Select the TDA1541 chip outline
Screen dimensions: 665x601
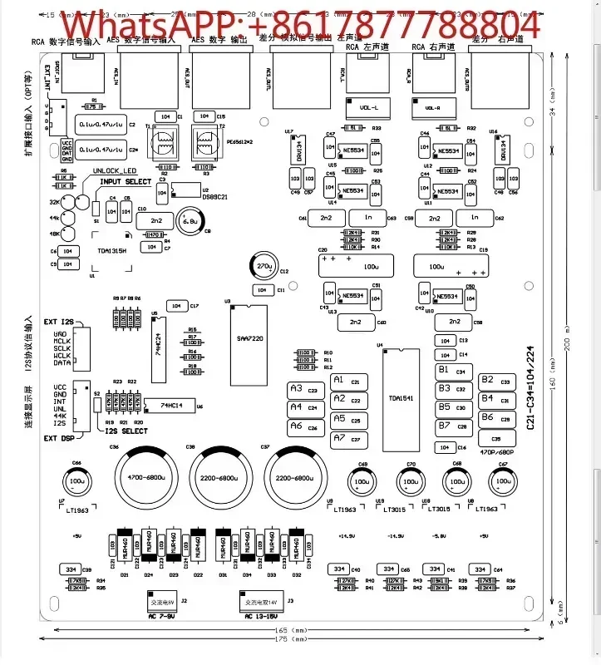(395, 397)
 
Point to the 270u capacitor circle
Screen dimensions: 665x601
(265, 267)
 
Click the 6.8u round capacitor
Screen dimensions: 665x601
(189, 222)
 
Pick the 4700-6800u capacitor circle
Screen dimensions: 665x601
(145, 480)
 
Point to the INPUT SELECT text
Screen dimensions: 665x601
(126, 181)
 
